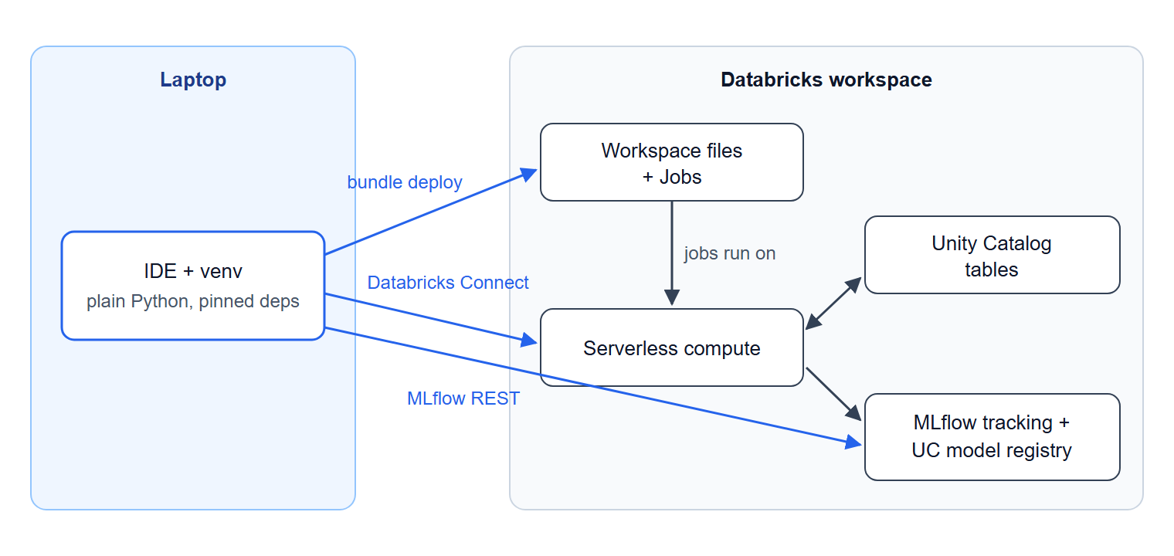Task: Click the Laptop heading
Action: (x=193, y=80)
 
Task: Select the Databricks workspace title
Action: (x=826, y=80)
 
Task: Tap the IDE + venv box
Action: (x=193, y=286)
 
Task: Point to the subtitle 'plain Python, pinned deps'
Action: (x=193, y=301)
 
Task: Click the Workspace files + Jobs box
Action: (x=671, y=162)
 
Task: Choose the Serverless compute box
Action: (x=671, y=347)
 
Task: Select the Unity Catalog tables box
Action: (x=992, y=255)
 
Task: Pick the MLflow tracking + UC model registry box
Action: (x=992, y=436)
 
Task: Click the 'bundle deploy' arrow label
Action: (x=405, y=182)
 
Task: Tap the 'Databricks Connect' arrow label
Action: (x=448, y=283)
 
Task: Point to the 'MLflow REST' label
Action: (x=463, y=398)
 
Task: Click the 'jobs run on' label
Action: (x=730, y=253)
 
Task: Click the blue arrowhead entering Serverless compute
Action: (x=529, y=341)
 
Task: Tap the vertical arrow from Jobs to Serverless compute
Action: (x=672, y=253)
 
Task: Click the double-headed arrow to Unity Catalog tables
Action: (x=833, y=303)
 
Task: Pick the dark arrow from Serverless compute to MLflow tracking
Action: (x=833, y=394)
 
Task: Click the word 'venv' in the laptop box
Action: (x=221, y=272)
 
